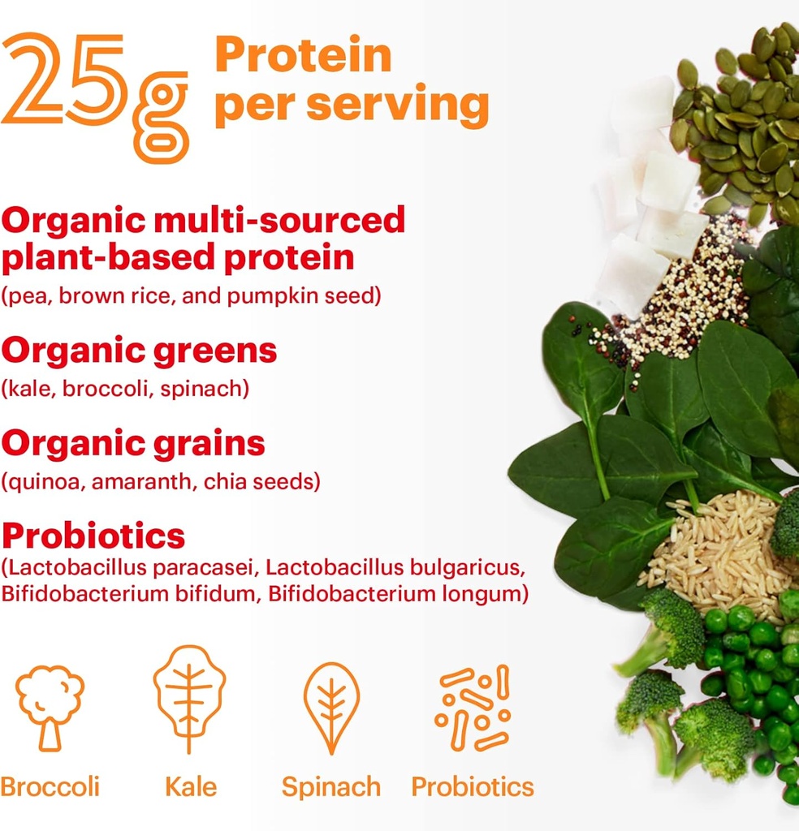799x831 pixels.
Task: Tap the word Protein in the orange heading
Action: coord(303,55)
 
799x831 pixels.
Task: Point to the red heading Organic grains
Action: coord(133,443)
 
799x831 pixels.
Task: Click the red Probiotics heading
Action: coord(93,536)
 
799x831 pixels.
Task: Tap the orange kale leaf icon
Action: coord(190,699)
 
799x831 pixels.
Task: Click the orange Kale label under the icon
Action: coord(191,786)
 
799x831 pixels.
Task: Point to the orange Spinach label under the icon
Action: coord(330,786)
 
